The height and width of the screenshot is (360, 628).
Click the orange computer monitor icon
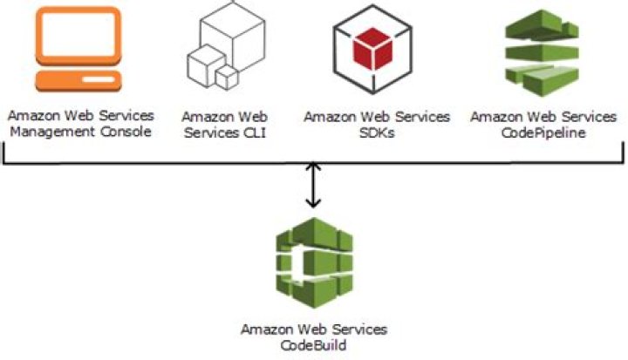78,48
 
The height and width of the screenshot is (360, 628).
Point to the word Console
127,132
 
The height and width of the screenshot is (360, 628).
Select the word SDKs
377,132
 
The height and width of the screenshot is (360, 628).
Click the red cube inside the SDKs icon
377,45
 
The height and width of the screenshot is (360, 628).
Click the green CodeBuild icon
313,262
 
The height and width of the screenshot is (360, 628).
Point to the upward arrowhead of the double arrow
314,166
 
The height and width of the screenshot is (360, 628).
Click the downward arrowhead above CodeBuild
314,204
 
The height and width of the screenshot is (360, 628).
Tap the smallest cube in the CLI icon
227,77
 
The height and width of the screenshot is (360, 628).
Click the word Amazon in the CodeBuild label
265,329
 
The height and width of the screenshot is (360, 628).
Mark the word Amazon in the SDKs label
327,117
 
